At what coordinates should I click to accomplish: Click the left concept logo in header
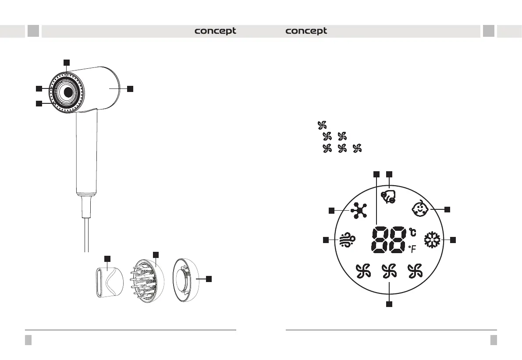(x=215, y=31)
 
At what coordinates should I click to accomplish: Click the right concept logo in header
(x=306, y=31)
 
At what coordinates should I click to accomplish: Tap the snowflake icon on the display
(x=432, y=240)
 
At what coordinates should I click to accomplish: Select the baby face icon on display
(x=420, y=208)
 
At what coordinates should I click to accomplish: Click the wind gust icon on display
(x=348, y=240)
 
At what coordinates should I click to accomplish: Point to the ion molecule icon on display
(x=359, y=211)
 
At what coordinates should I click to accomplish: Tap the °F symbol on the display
(x=412, y=249)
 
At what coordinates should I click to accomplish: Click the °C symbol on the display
(x=412, y=232)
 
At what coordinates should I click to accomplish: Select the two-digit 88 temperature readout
(x=388, y=240)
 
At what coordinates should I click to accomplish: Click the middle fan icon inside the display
(x=389, y=271)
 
